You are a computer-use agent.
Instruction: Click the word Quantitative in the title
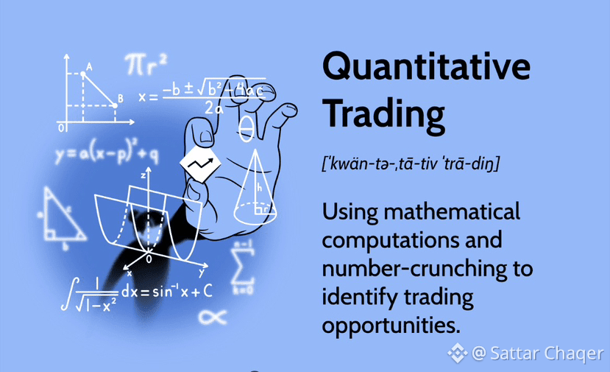pos(426,66)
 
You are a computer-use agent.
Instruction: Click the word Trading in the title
pos(383,113)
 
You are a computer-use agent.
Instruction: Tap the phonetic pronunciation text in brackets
pos(411,164)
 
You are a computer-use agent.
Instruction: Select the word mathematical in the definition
pos(452,211)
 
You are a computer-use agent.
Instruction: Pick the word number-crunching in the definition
pos(415,269)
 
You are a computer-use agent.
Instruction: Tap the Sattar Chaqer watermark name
pos(547,354)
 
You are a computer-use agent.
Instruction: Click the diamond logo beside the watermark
pos(458,354)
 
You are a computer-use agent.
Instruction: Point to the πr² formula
pos(146,64)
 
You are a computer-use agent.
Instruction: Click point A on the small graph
pos(83,74)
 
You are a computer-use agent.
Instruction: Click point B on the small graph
pos(115,105)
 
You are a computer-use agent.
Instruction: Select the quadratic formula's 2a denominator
pos(214,108)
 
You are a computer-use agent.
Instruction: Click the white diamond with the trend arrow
pos(200,164)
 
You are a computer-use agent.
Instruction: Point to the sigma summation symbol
pos(243,267)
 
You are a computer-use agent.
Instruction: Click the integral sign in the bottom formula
pos(68,293)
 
